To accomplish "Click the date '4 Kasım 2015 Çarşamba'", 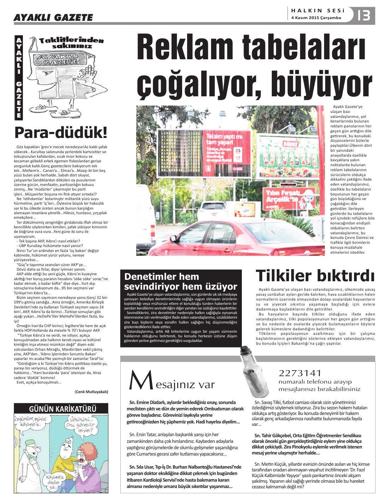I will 316,18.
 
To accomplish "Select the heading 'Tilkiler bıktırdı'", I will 315,276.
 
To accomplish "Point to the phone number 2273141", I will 300,373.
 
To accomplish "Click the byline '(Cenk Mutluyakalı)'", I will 91,391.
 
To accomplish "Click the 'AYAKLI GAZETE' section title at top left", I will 53,17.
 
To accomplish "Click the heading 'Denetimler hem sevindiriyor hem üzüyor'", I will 180,281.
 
